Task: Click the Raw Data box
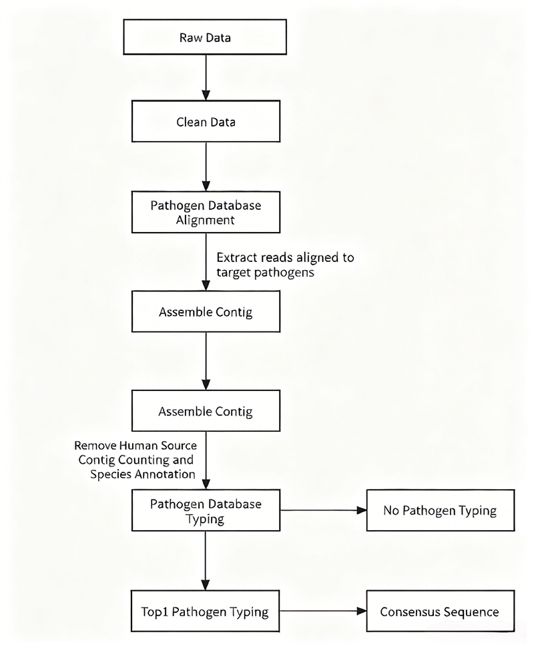coord(205,37)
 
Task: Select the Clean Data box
coord(206,121)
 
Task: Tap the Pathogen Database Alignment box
coord(206,212)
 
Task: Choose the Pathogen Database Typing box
coord(206,510)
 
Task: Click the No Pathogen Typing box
coord(441,510)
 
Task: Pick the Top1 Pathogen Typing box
coord(205,611)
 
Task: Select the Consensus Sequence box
coord(441,611)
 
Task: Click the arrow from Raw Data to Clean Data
coord(206,78)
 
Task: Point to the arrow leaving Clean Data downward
coord(206,166)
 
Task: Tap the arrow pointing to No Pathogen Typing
coord(323,510)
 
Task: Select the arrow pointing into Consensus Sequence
coord(323,611)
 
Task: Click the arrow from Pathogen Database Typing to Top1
coord(205,561)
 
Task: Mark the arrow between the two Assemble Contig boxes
coord(206,361)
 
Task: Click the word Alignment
coord(205,220)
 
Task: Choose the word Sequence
coord(471,612)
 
